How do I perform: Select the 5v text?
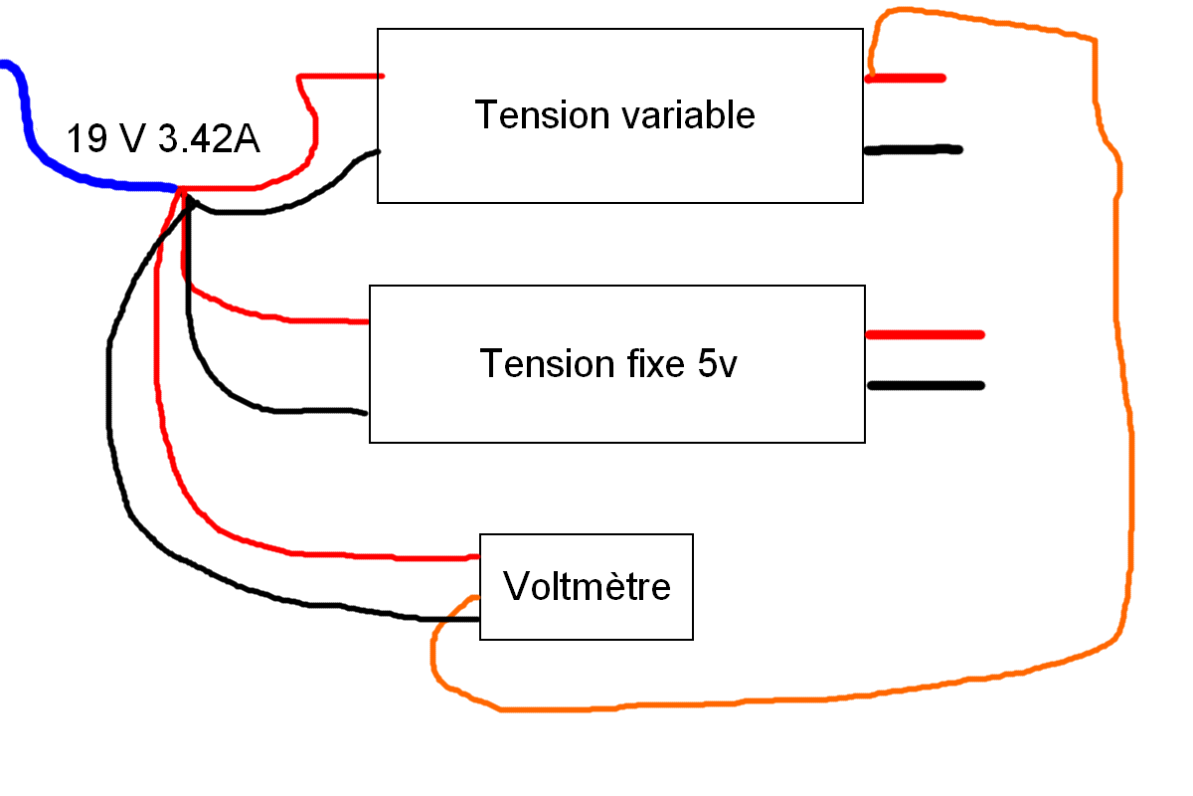(x=716, y=364)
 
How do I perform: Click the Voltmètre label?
(x=587, y=586)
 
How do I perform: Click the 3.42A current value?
(x=208, y=140)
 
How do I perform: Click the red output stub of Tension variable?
(x=905, y=78)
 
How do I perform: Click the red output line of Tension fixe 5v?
(x=925, y=334)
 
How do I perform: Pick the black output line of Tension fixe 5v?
(x=925, y=385)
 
